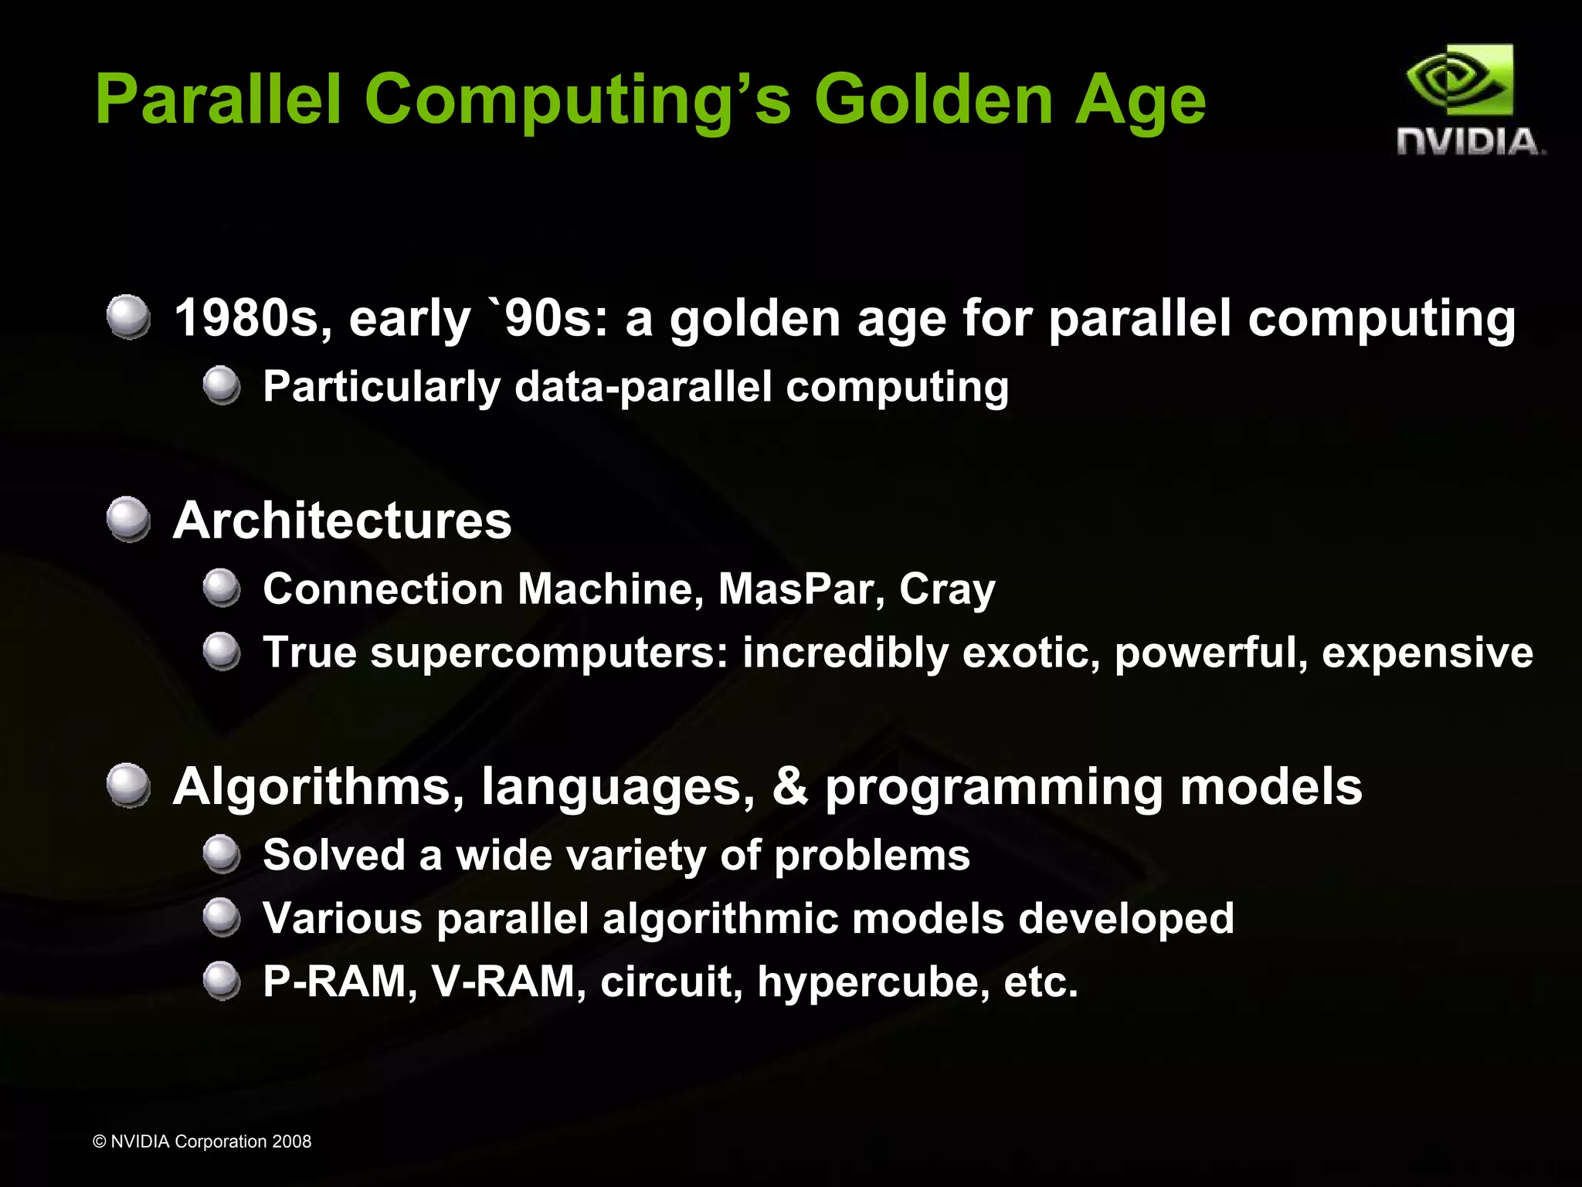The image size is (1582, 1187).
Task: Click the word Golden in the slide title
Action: point(933,100)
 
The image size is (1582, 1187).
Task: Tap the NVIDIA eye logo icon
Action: point(1459,80)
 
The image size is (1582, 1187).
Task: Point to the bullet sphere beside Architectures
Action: point(128,519)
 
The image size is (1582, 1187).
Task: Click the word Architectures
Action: point(342,521)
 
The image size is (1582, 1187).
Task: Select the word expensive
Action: point(1428,653)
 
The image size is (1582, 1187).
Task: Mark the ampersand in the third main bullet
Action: point(790,787)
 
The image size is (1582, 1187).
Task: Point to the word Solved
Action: point(334,856)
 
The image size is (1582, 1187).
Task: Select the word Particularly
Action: point(382,388)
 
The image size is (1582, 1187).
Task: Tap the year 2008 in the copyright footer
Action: point(292,1141)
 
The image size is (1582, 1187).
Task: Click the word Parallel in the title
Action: point(218,100)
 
